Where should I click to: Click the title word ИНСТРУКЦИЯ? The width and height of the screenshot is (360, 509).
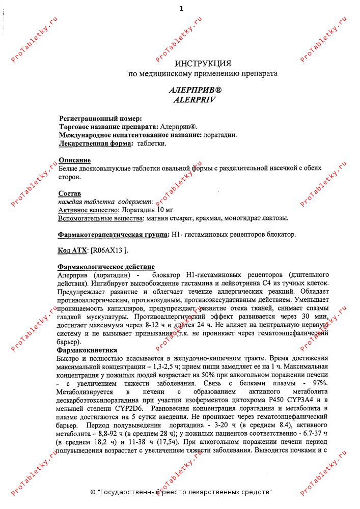203,64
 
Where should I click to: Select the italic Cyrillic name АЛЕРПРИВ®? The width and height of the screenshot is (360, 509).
195,90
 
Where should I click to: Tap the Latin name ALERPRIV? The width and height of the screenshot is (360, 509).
195,100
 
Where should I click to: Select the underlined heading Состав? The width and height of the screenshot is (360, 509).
70,194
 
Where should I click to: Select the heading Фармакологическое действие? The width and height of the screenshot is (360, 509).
106,267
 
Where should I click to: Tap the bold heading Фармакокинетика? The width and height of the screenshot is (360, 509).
87,350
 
